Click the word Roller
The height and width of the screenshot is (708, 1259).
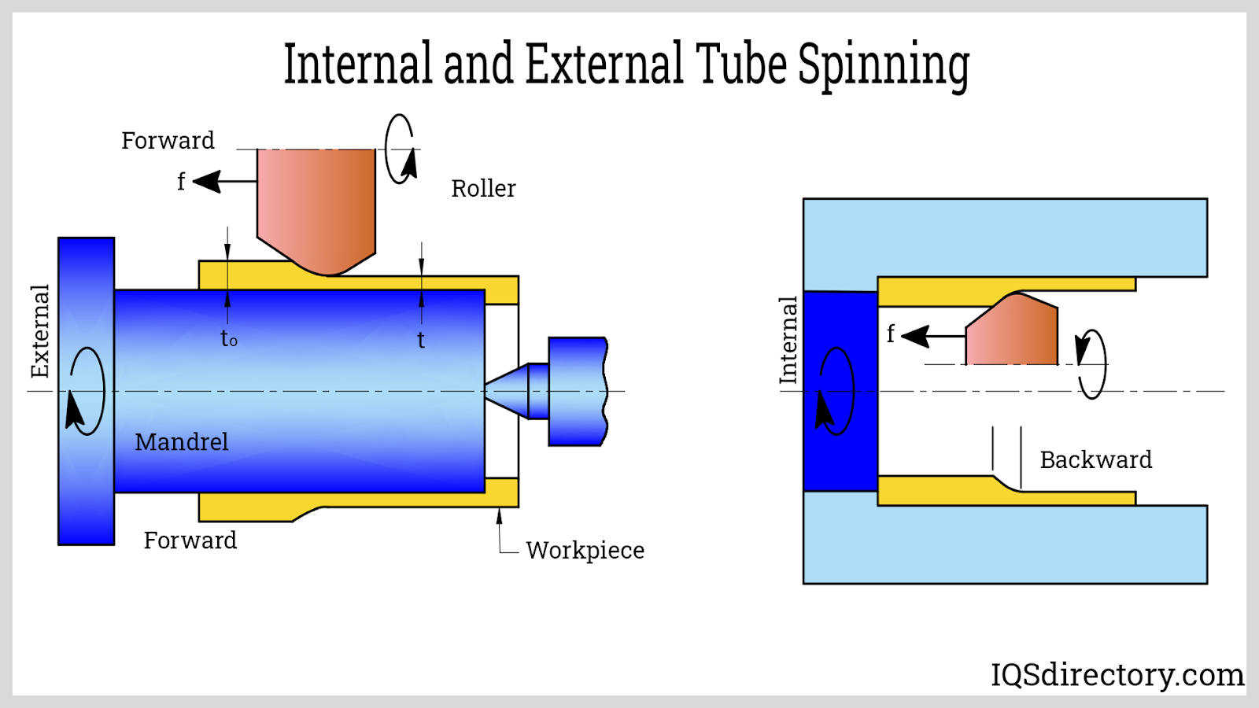[x=483, y=189]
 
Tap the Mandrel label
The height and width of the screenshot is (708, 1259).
[x=182, y=442]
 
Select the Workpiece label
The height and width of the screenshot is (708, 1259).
[x=585, y=550]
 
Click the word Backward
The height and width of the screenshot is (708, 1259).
[x=1095, y=459]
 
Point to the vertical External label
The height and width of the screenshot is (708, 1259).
[x=40, y=331]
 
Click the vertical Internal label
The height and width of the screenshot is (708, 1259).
[x=788, y=340]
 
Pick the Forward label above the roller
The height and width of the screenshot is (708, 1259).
[x=168, y=141]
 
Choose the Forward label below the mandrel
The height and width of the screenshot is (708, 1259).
[x=190, y=540]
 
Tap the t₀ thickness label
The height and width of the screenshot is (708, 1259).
[x=228, y=339]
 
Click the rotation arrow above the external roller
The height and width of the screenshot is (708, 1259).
[x=400, y=149]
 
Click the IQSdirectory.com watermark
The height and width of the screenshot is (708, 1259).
[x=1117, y=674]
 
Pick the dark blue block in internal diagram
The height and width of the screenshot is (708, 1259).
[x=840, y=391]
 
